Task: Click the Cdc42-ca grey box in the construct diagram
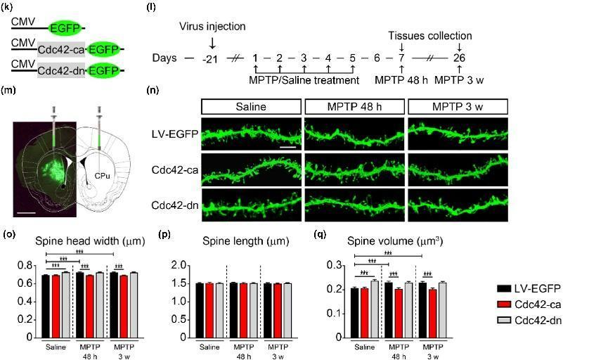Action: tap(60, 49)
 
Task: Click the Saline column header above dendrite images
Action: tap(252, 108)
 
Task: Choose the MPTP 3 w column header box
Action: tap(458, 108)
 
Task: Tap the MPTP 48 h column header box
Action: tap(355, 108)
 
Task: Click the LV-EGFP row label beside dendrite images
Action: tap(174, 134)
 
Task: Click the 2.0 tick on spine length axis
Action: tap(179, 266)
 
